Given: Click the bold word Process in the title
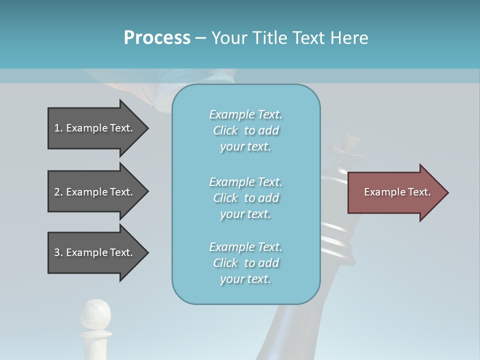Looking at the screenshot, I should [157, 38].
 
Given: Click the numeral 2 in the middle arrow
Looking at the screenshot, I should [57, 192].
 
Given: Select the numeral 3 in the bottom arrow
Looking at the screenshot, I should [57, 252].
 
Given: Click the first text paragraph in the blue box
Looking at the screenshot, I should [245, 130].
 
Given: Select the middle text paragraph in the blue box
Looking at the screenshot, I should [245, 198].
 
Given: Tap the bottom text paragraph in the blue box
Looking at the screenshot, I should [245, 263].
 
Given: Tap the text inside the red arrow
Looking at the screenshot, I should [397, 192].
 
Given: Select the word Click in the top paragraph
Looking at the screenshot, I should [225, 130].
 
